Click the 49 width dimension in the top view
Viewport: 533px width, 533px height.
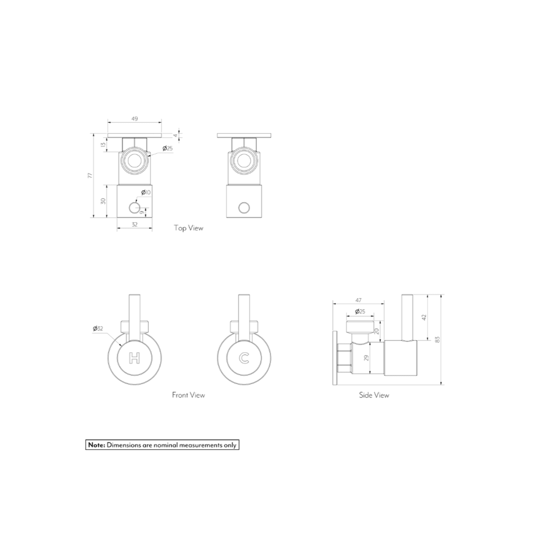point(135,119)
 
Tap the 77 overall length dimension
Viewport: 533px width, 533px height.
point(90,175)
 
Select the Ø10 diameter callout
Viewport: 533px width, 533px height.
point(146,192)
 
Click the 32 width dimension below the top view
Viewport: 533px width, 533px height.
point(135,224)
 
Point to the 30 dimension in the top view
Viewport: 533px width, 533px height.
point(103,201)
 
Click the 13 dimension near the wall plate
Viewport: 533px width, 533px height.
point(103,145)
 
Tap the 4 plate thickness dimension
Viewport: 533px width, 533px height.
point(175,135)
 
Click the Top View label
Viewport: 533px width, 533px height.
point(188,228)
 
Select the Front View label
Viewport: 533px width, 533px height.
point(188,395)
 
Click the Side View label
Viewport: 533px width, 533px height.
point(374,395)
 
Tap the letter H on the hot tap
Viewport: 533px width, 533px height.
point(134,358)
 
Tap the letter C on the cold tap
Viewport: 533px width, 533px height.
point(244,358)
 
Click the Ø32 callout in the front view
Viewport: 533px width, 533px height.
point(98,329)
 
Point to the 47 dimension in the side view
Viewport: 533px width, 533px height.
point(358,300)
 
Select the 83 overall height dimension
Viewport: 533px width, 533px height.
point(437,339)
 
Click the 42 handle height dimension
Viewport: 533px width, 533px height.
point(424,317)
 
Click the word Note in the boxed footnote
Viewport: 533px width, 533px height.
point(96,445)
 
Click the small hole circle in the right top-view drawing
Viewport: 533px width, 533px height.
point(244,208)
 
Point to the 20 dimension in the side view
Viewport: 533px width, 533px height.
point(377,331)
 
